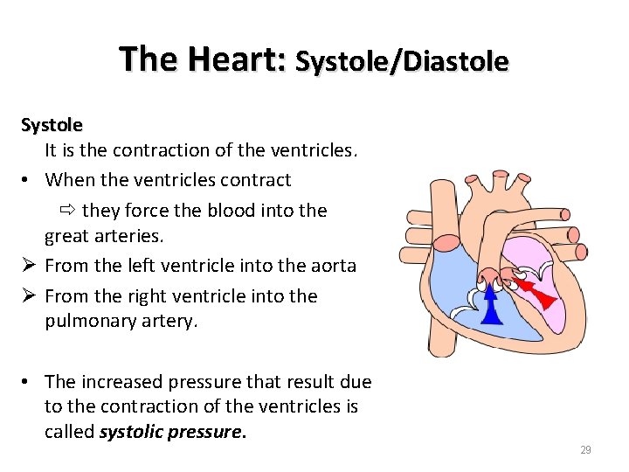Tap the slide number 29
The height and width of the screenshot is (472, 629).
coord(585,450)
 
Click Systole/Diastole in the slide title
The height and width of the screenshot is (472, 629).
coord(401,62)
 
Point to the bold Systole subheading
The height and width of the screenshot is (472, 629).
coord(52,125)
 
